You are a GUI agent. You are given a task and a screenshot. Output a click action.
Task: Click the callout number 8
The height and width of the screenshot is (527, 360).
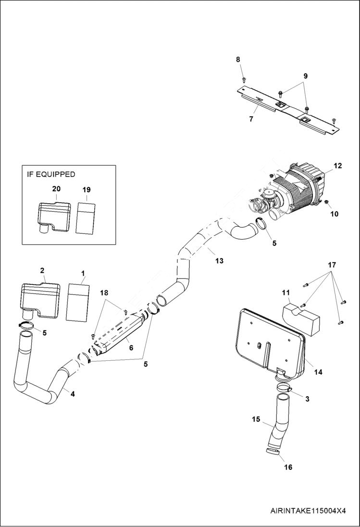pos(237,59)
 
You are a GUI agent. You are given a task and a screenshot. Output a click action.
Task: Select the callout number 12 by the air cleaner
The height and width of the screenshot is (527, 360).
pos(337,166)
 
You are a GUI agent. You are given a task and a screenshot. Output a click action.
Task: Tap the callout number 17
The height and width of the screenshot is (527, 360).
pos(332,265)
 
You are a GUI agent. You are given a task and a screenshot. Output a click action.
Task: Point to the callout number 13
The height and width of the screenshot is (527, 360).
pos(219,261)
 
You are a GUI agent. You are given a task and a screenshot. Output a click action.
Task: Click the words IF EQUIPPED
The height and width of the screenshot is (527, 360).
pos(51,174)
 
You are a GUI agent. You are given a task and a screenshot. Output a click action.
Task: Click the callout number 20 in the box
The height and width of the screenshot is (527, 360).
pos(56,189)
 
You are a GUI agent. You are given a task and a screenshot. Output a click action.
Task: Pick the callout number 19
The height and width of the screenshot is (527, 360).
pos(86,190)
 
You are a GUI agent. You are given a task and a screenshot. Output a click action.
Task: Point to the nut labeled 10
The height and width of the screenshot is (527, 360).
pos(327,201)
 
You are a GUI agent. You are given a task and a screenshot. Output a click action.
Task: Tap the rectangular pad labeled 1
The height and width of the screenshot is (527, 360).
pos(78,301)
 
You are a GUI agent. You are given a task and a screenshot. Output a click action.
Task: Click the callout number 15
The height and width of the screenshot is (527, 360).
pos(256,419)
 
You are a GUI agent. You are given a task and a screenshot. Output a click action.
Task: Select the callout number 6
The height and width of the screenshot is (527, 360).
pos(131,348)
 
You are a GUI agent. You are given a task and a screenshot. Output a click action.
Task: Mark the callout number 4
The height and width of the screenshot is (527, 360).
pos(73,394)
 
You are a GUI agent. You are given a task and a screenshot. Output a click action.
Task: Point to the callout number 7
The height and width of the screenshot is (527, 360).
pos(251,119)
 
